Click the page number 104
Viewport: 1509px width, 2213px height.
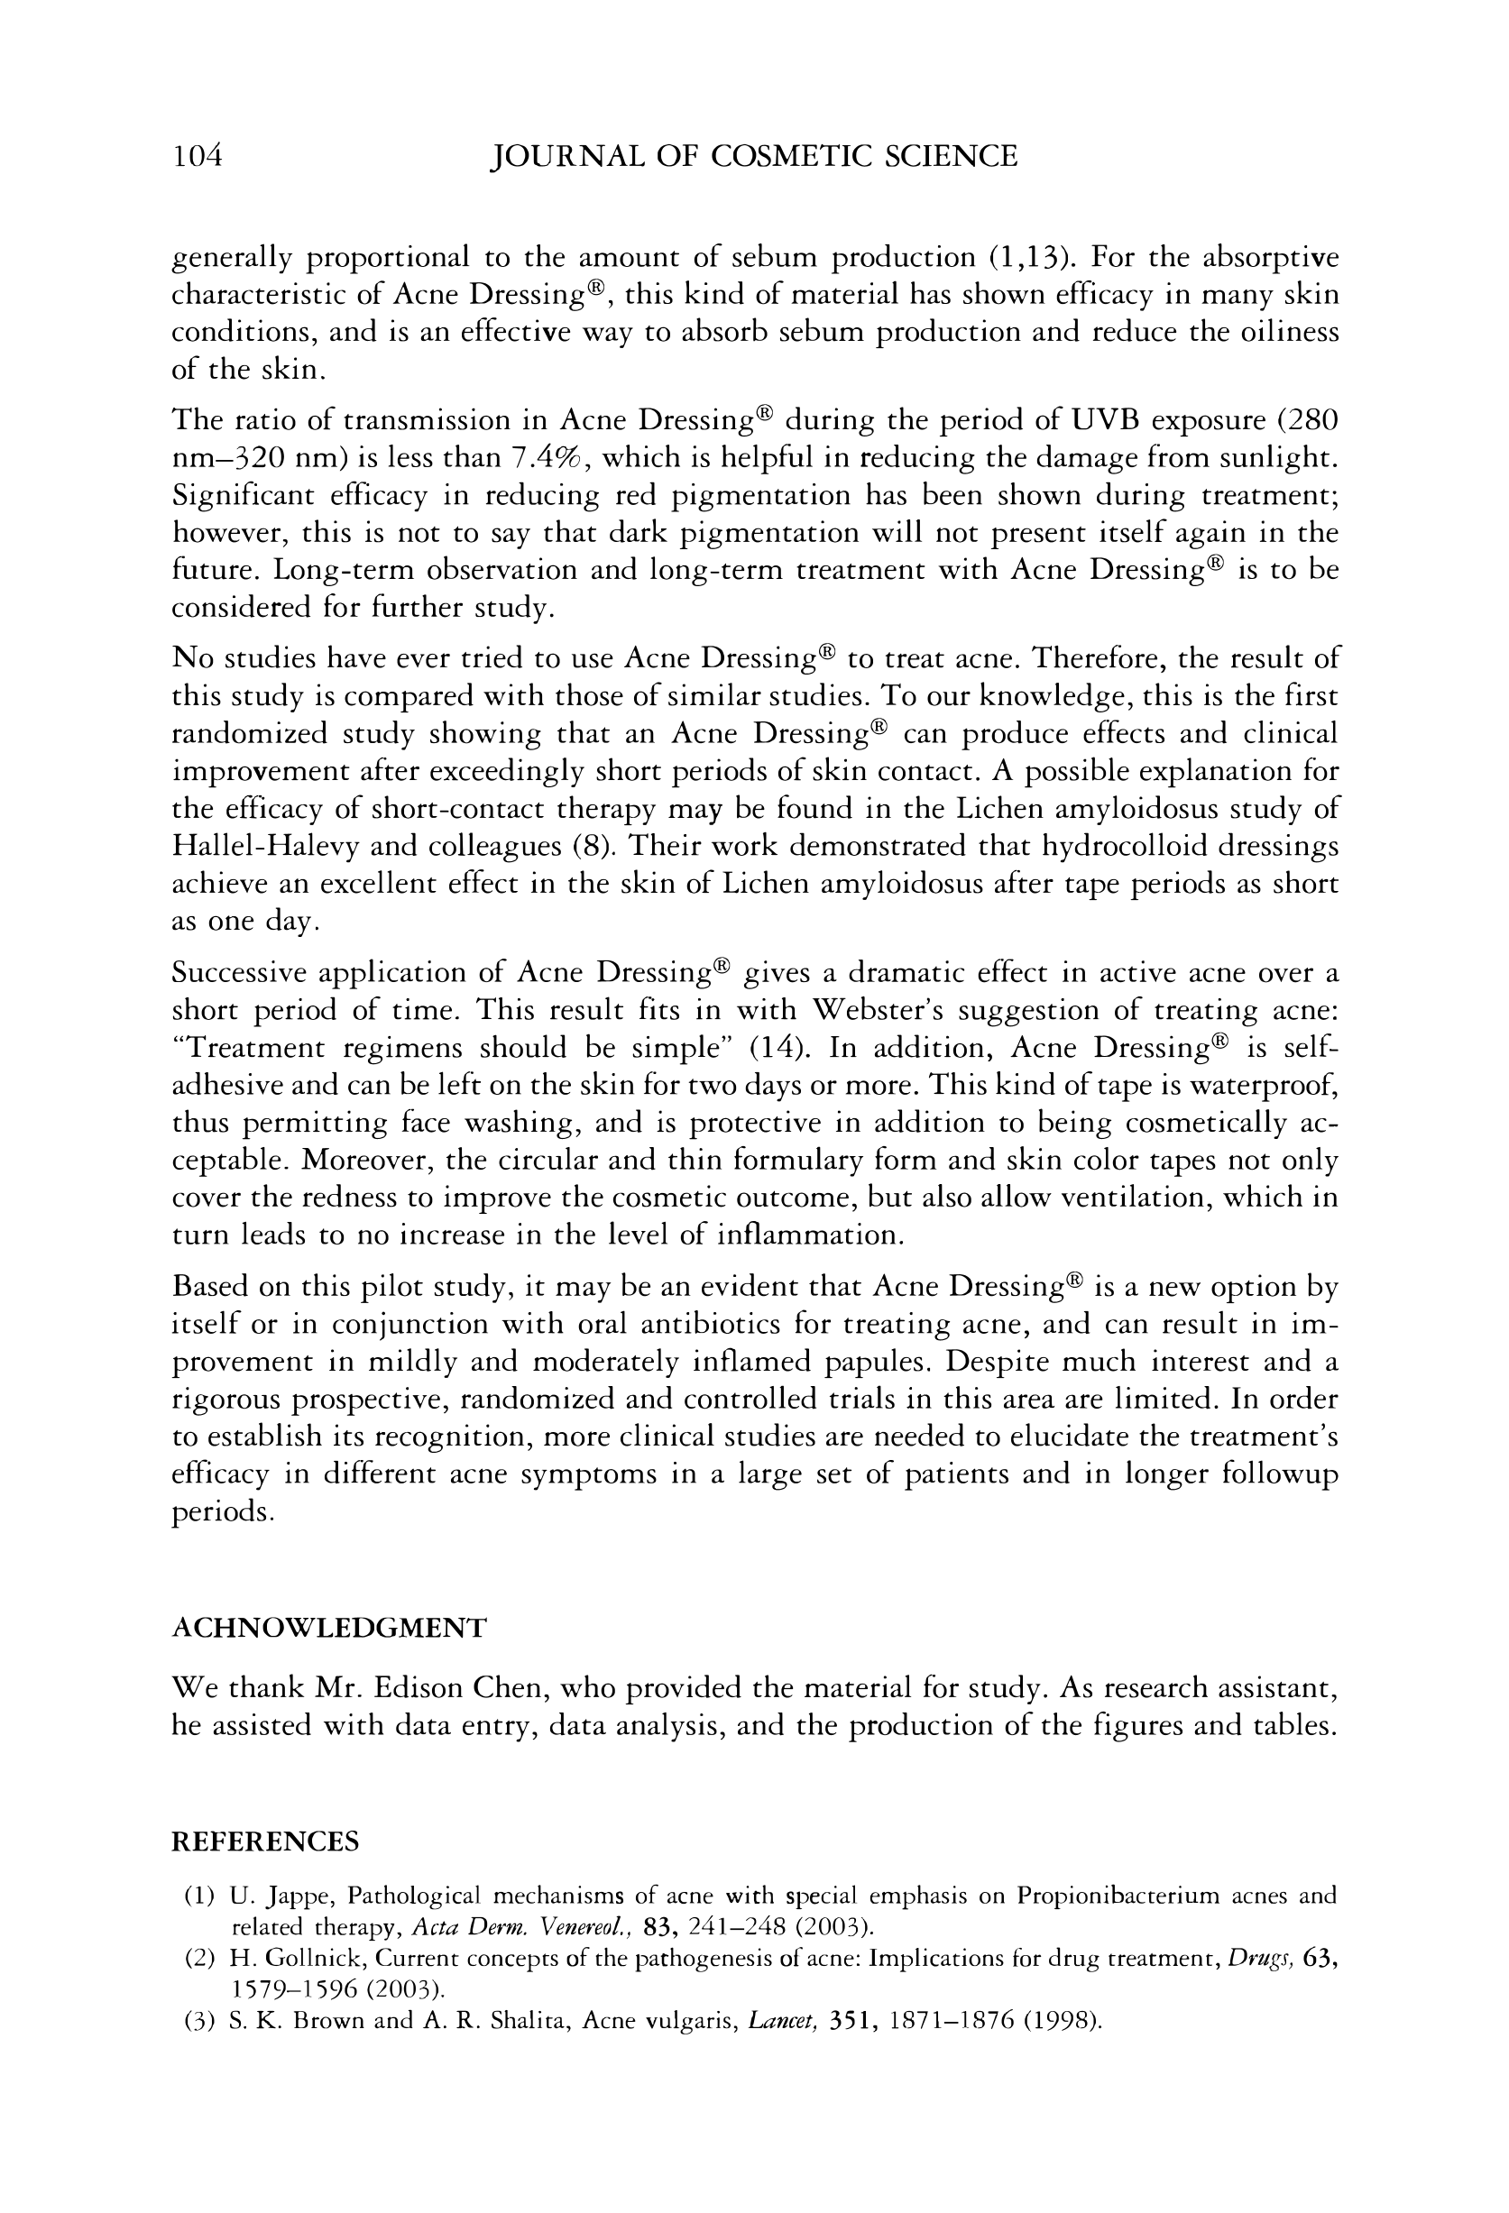coord(198,155)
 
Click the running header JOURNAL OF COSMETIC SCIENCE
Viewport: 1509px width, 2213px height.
coord(752,155)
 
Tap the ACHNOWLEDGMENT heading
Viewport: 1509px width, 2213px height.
coord(328,1628)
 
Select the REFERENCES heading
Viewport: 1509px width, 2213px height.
coord(265,1841)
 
